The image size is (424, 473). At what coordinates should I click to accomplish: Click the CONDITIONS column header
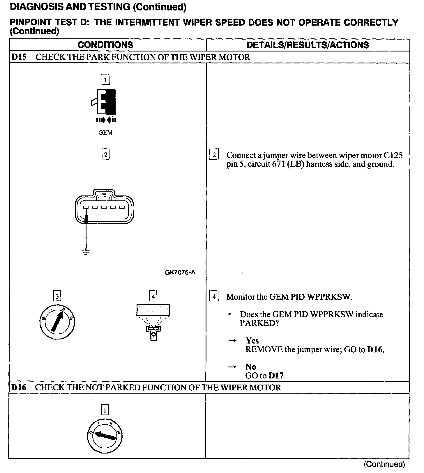tap(105, 45)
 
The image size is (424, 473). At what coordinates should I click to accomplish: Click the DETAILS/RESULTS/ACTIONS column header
tap(308, 45)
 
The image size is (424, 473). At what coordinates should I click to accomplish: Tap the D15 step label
tap(19, 57)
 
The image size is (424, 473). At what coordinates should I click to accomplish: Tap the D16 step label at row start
tap(19, 387)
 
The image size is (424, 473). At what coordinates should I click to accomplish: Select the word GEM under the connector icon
tap(105, 133)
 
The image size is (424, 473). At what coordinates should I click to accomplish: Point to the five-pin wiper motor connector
tap(105, 206)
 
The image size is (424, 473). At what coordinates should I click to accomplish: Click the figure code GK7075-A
tap(180, 273)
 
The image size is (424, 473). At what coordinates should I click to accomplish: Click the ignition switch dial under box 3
tap(57, 322)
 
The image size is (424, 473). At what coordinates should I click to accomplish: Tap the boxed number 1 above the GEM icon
tap(105, 79)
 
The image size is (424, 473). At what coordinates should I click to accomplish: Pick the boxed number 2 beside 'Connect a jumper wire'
tap(214, 155)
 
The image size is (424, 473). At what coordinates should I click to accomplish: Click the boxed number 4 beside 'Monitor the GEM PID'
tap(214, 297)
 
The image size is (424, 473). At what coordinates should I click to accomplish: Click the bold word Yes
tap(252, 341)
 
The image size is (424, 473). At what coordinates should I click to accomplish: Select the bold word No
tap(250, 367)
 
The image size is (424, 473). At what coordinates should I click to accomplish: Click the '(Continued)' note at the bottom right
tap(384, 464)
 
